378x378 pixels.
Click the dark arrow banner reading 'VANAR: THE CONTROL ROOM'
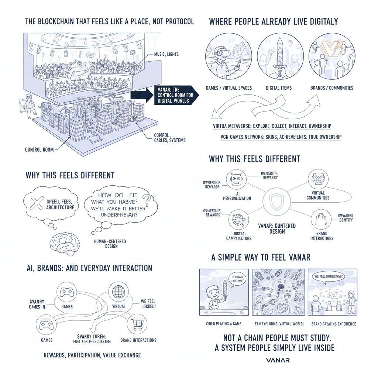[x=172, y=95]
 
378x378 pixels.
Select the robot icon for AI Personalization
[x=235, y=179]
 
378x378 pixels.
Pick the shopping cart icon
[x=136, y=325]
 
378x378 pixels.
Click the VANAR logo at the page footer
[x=278, y=360]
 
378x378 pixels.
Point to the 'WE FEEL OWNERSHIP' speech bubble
[x=329, y=277]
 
